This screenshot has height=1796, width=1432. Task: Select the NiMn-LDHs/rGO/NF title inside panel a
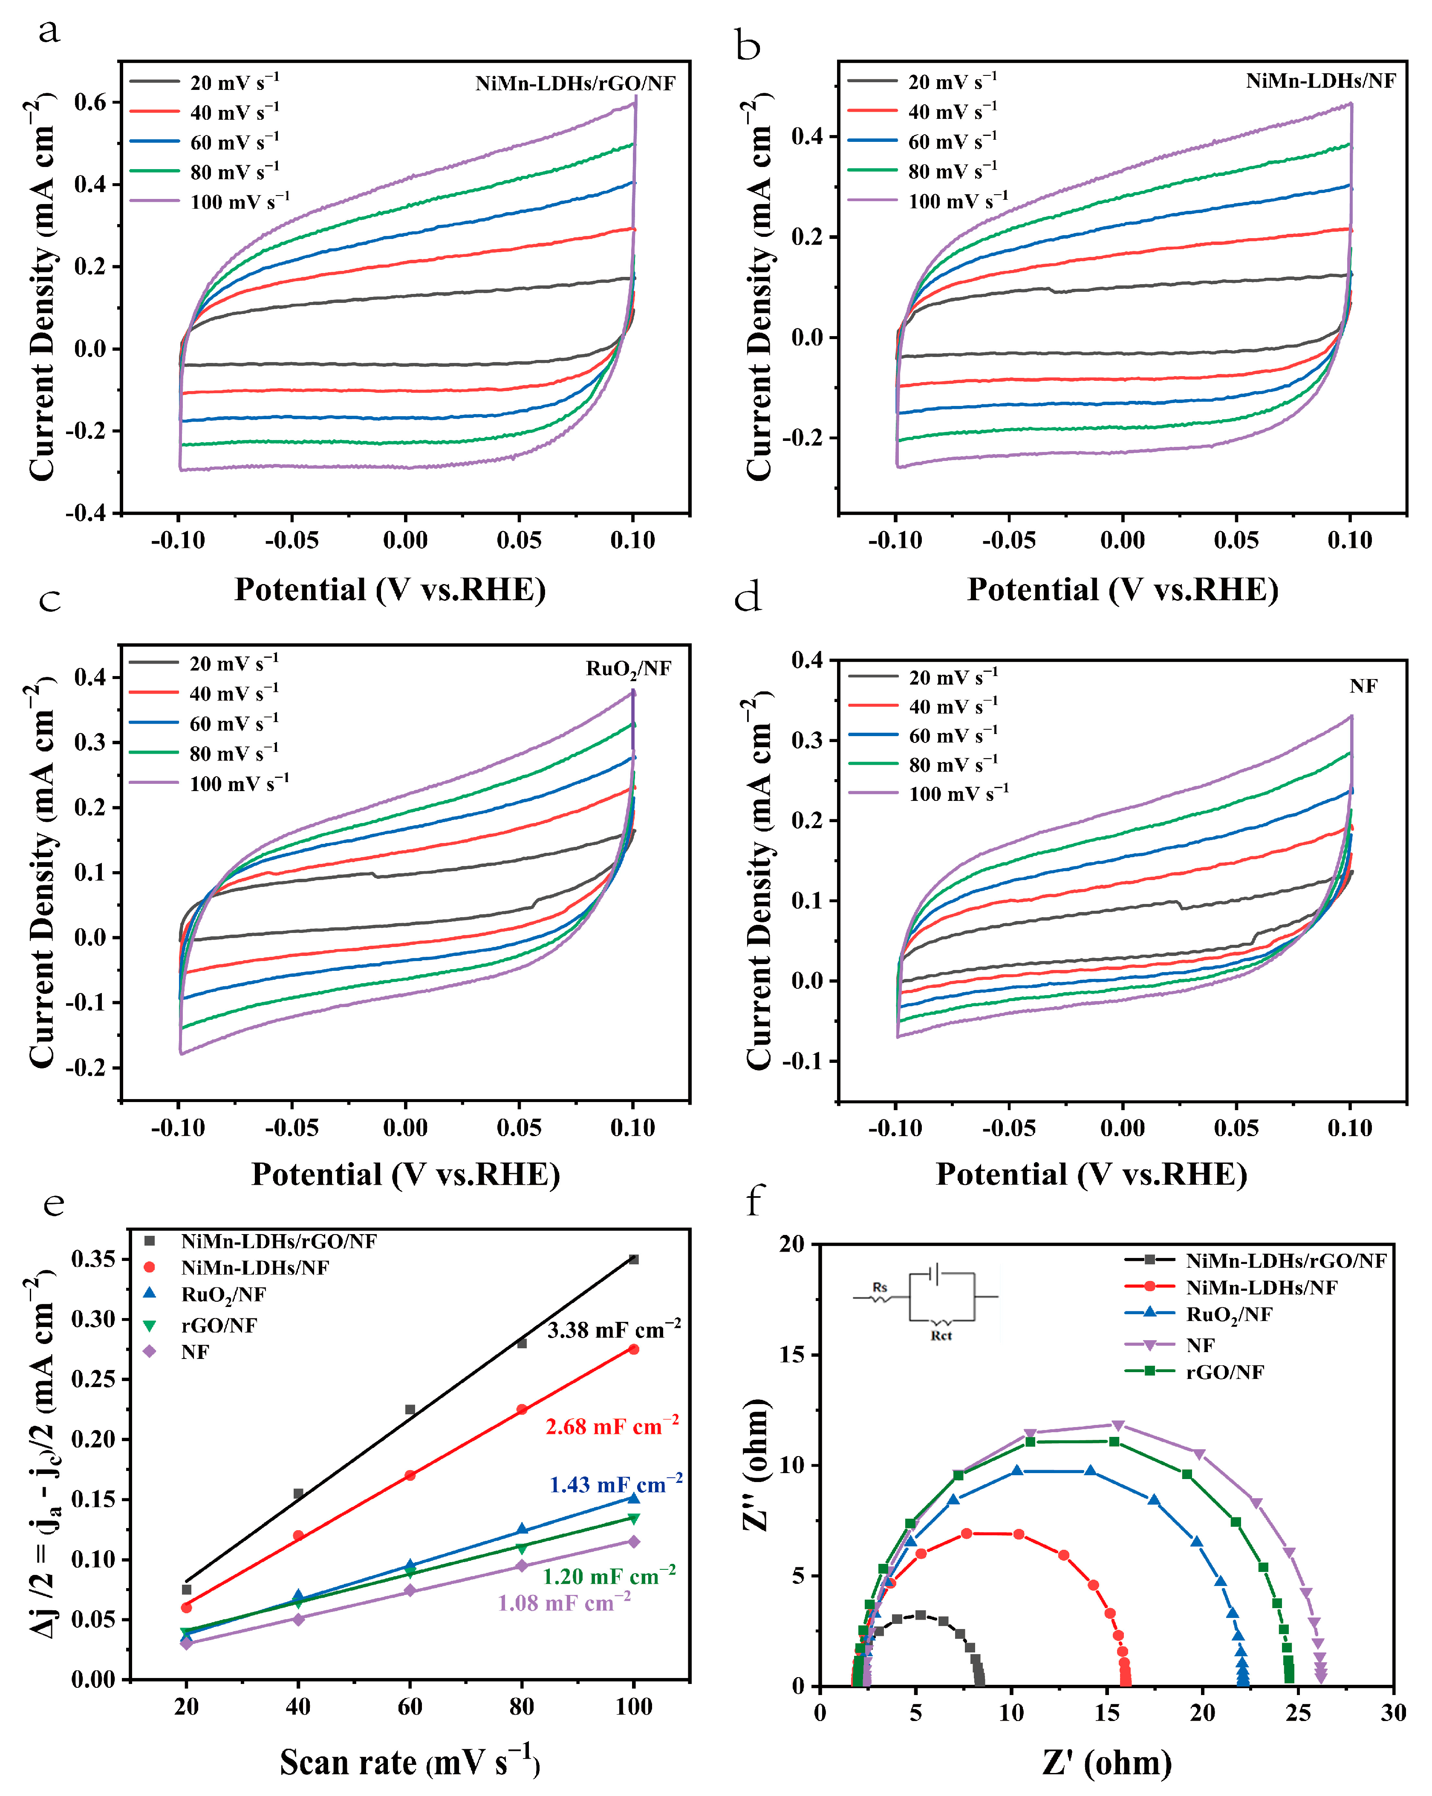(575, 83)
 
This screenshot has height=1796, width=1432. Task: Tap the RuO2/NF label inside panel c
(628, 669)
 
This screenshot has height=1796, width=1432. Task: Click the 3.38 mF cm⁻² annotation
(613, 1330)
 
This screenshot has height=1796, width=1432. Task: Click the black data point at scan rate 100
(633, 1260)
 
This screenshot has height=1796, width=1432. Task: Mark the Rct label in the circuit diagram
(941, 1336)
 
